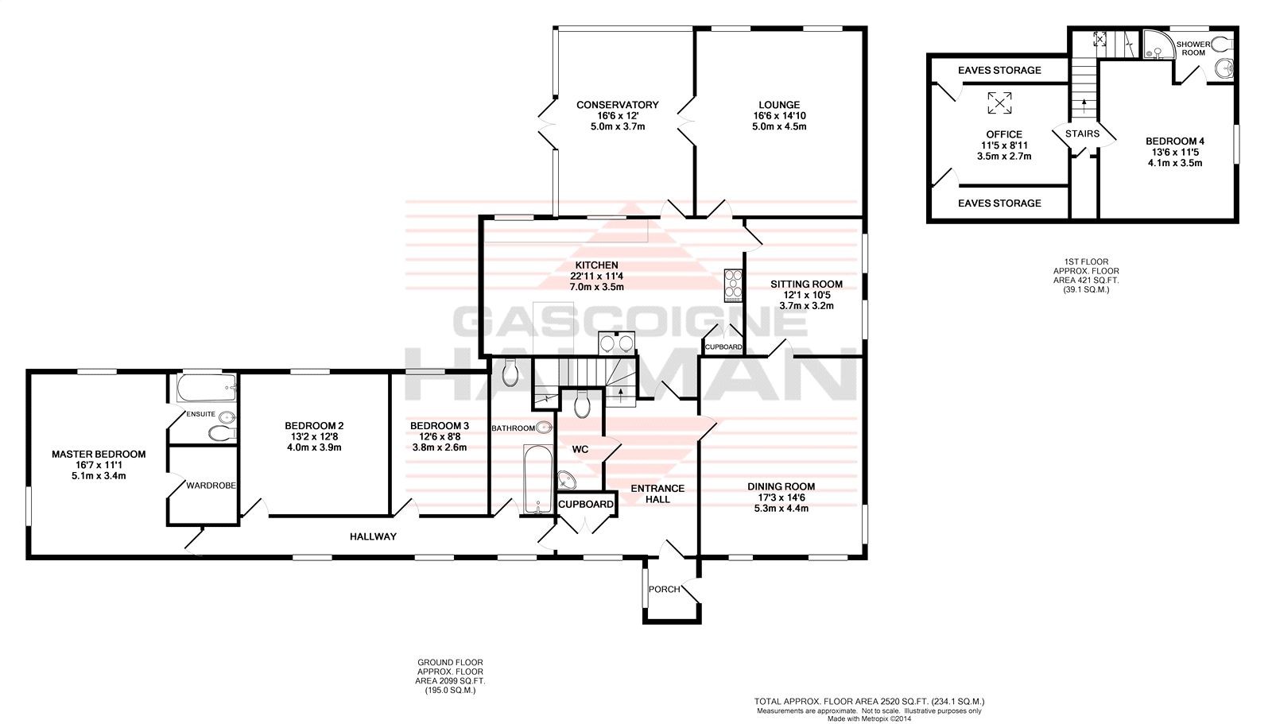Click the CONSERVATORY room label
(617, 105)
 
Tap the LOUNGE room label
(779, 105)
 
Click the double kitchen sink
(617, 343)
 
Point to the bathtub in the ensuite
(206, 388)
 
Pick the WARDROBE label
(211, 486)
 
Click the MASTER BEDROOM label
(99, 455)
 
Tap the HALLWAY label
(373, 536)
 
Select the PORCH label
(665, 590)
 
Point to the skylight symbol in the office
(999, 103)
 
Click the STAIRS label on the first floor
(1082, 134)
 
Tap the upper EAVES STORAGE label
(999, 71)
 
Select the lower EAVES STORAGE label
(999, 203)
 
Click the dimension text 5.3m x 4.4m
(781, 508)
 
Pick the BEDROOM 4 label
(1175, 141)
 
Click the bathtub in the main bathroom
(537, 479)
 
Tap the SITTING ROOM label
(806, 285)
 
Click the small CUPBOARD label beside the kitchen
(723, 347)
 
